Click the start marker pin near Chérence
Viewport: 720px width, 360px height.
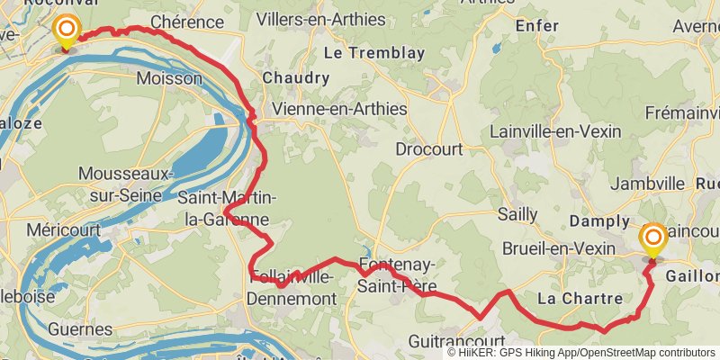(66, 31)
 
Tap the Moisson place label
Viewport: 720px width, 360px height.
(169, 79)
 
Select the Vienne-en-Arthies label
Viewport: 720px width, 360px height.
(339, 109)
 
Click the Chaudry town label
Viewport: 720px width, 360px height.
(296, 78)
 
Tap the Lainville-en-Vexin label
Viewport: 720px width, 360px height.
(555, 131)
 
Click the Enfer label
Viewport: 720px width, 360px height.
(537, 27)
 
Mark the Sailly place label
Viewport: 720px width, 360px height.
(517, 214)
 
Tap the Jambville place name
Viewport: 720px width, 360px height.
(648, 184)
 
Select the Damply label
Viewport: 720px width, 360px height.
(599, 221)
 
